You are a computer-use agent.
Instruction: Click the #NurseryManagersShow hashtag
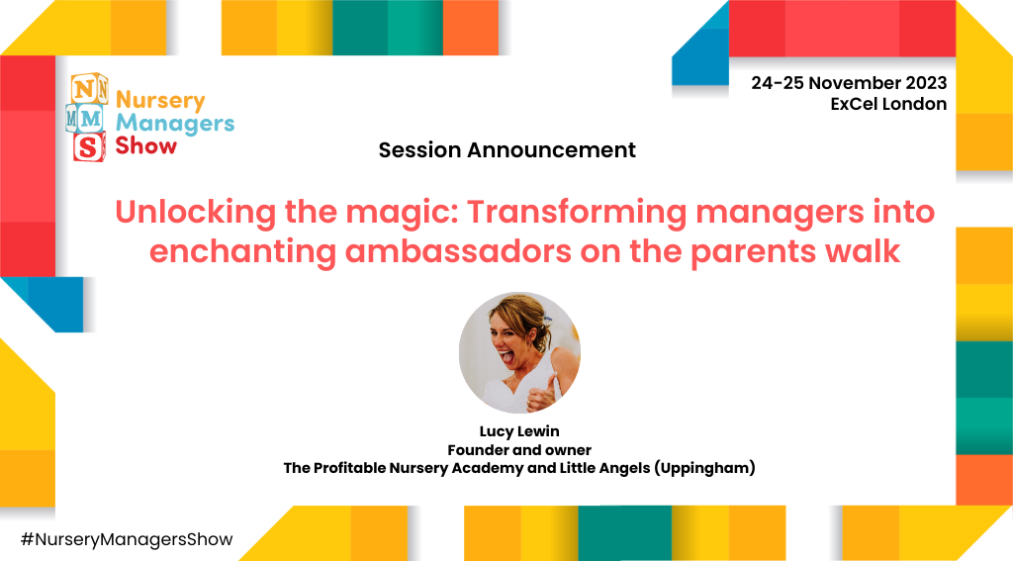[x=126, y=539]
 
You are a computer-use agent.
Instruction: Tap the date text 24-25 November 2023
[x=849, y=83]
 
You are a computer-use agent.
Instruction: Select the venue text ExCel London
[x=888, y=104]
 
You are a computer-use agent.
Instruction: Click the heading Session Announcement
[x=506, y=150]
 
